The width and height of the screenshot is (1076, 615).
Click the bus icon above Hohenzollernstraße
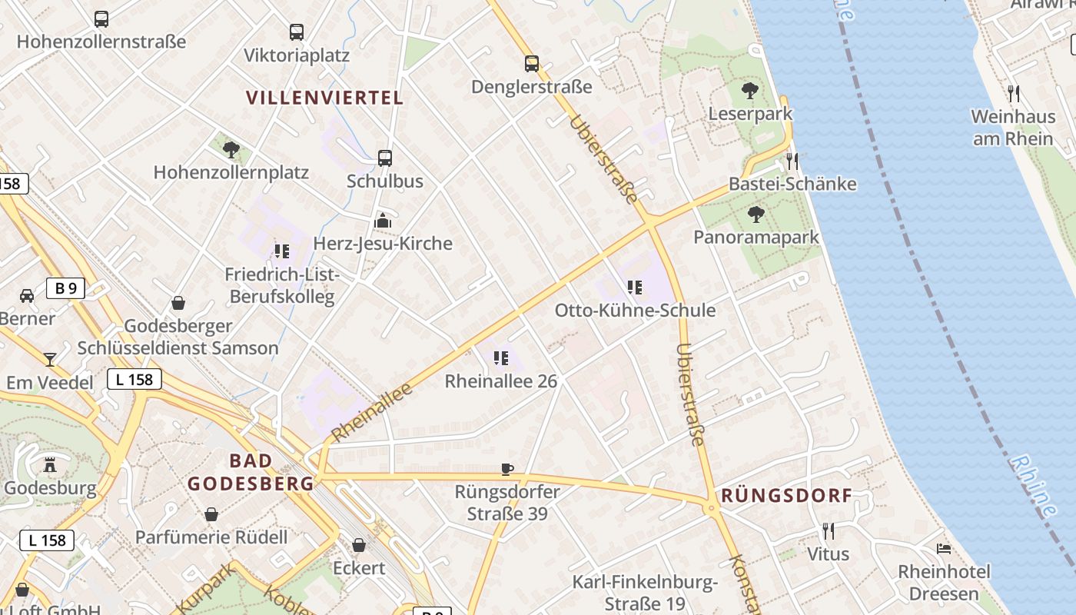point(101,19)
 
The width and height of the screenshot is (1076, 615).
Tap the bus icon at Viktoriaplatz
point(297,32)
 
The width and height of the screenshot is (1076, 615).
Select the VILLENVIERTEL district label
point(324,98)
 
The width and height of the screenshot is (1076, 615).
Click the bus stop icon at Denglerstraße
point(531,64)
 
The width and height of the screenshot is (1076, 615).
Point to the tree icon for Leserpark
point(750,91)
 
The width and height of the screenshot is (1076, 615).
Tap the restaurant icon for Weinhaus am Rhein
point(1013,94)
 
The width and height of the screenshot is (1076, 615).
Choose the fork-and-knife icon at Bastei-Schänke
point(792,161)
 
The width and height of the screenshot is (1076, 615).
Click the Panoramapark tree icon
point(756,214)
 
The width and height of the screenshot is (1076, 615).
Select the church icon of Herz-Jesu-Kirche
point(383,221)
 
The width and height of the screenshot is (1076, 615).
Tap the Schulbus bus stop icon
point(385,158)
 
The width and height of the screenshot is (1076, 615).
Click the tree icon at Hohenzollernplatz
point(231,149)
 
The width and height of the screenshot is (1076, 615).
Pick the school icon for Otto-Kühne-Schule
point(635,288)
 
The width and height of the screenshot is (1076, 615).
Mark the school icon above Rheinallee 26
point(501,357)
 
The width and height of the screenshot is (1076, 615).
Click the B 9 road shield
point(65,289)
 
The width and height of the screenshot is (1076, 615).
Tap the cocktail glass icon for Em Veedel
point(50,359)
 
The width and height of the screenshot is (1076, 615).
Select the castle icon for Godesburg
point(51,464)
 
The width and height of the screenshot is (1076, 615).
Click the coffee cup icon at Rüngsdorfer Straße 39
point(506,469)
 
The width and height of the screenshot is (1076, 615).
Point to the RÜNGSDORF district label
point(786,495)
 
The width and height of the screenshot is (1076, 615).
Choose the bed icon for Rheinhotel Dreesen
point(944,549)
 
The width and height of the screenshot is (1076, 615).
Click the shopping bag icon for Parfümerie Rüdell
point(211,514)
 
